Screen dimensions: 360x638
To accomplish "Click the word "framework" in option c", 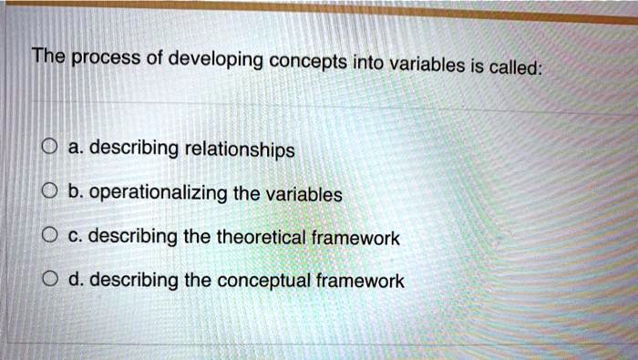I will (x=355, y=238).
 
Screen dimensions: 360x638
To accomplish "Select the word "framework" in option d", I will (x=359, y=282).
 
